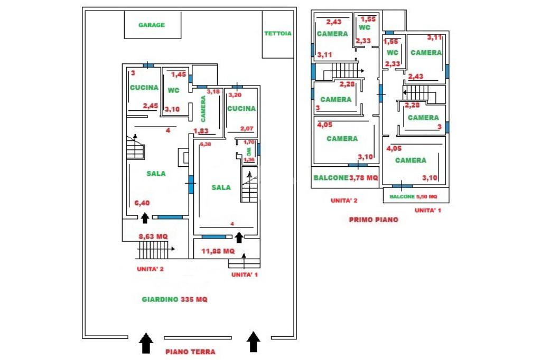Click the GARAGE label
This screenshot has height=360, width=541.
point(152,25)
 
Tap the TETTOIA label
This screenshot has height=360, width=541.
point(278,33)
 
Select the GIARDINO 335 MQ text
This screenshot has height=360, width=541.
point(174,299)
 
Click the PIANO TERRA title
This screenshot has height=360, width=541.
point(190,352)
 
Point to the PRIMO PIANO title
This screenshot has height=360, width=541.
point(374,220)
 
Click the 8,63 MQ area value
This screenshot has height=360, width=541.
point(153,236)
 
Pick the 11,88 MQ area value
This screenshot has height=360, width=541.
point(218,251)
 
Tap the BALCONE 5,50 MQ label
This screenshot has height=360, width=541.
point(413,196)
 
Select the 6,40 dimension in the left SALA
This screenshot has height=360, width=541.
point(142,203)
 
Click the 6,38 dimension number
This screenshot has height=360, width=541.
point(206,144)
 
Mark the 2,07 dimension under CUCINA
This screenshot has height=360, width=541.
point(247,129)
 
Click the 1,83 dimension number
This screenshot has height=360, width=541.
point(201,131)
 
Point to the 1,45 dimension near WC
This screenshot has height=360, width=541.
point(179,74)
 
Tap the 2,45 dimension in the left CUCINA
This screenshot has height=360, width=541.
point(151,106)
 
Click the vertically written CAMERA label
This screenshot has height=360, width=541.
point(203,109)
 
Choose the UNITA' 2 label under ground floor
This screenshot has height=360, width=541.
point(150,269)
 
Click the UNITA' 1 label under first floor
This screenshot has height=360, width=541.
point(428,210)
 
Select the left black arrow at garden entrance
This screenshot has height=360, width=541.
point(146,343)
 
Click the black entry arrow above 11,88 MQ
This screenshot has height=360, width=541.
point(239,237)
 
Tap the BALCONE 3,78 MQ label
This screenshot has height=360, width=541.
point(346,178)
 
